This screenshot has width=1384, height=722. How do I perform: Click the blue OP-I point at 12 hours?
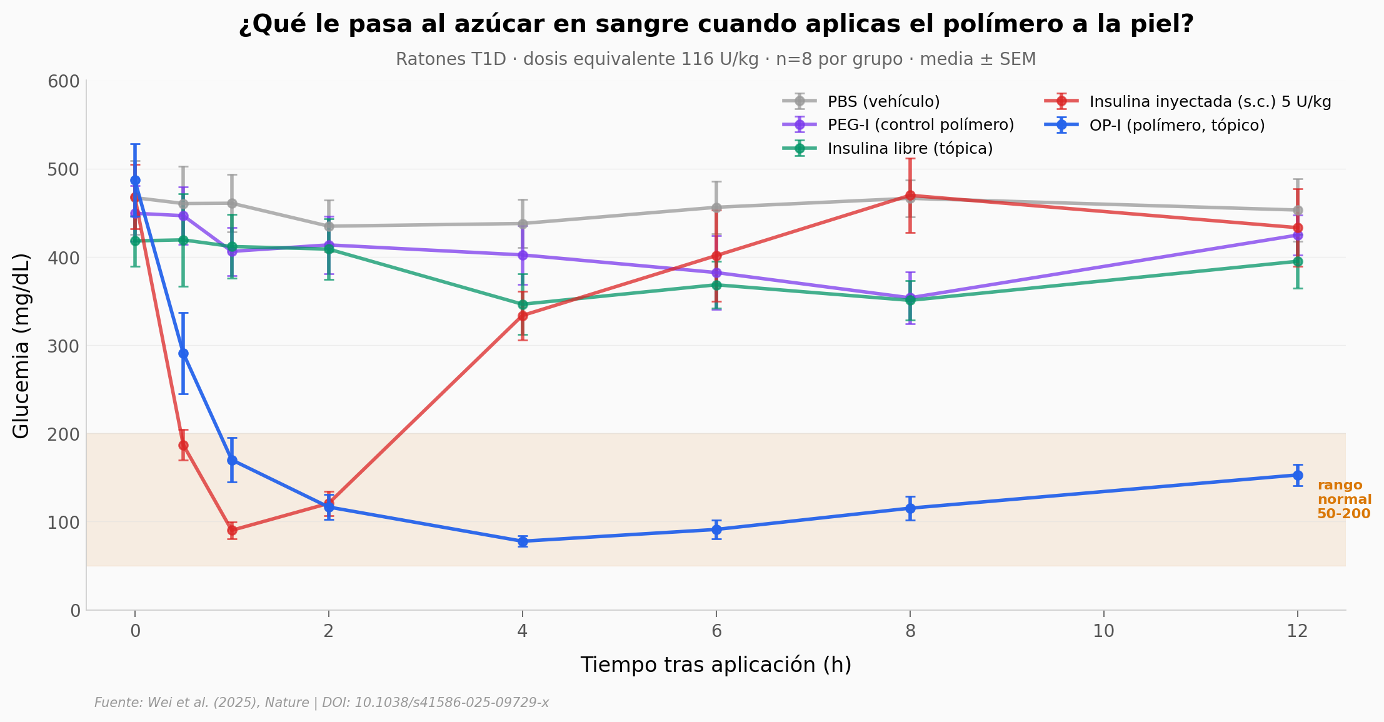[1298, 475]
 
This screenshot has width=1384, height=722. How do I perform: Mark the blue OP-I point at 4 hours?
[523, 541]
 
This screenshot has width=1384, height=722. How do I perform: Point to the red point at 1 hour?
[232, 530]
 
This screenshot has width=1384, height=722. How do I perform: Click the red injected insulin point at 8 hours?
[910, 195]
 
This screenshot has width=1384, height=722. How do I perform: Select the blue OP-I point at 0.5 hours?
[183, 354]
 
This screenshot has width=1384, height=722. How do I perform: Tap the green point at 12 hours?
[1298, 262]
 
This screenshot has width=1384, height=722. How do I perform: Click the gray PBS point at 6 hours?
[716, 208]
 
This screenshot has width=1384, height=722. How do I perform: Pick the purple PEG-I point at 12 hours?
[1298, 236]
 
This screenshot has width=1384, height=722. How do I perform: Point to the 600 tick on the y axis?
[64, 81]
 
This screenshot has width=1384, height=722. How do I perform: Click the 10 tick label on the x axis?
[1103, 631]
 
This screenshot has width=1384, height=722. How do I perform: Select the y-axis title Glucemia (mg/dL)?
[21, 346]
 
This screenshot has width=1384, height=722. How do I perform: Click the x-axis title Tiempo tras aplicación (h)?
[716, 664]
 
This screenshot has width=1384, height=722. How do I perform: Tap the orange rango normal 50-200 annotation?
[1343, 499]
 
